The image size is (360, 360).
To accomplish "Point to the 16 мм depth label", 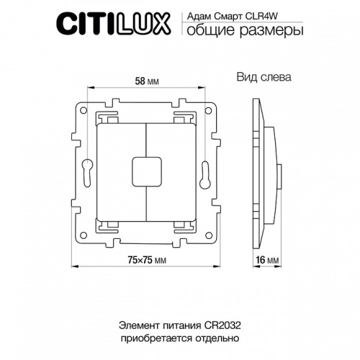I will click(266, 261).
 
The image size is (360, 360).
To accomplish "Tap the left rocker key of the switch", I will click(120, 173).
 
